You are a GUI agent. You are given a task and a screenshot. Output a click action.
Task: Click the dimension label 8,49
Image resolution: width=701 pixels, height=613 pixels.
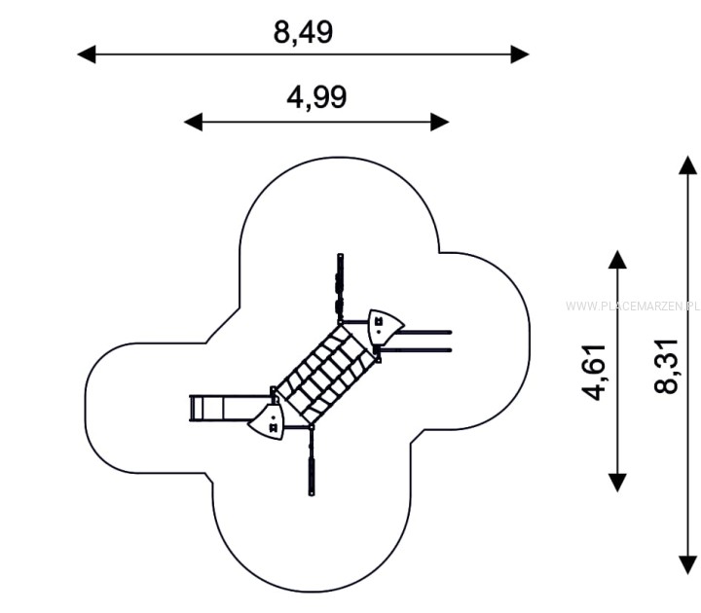[303, 32]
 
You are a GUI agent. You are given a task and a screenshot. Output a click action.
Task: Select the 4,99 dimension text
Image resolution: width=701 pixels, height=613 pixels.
[316, 98]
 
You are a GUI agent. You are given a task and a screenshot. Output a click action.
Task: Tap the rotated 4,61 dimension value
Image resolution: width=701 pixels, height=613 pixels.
[594, 372]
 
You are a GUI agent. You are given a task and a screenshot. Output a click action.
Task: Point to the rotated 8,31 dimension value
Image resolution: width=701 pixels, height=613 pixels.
[666, 367]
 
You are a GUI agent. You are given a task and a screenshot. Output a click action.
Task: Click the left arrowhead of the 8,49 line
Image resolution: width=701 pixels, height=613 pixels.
[87, 54]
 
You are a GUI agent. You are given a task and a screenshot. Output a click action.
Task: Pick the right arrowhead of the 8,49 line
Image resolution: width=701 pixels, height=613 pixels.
[520, 54]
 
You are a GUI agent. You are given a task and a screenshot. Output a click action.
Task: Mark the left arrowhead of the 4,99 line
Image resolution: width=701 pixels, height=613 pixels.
[193, 122]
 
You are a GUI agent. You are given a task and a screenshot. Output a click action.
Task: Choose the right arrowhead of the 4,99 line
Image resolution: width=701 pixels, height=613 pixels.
[440, 122]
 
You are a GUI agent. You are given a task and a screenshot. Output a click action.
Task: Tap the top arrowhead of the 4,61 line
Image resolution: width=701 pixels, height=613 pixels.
[617, 259]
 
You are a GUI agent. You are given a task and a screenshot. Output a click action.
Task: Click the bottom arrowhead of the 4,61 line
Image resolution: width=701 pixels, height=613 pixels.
[617, 483]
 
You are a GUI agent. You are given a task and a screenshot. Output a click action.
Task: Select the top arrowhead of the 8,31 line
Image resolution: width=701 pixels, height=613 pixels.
[687, 164]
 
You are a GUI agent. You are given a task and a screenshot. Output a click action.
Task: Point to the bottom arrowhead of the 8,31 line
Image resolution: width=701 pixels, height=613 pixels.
[687, 564]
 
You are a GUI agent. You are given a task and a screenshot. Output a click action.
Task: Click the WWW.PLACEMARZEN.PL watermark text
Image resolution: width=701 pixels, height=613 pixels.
[633, 306]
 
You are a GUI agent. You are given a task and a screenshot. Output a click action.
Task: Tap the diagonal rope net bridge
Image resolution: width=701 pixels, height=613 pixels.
[326, 375]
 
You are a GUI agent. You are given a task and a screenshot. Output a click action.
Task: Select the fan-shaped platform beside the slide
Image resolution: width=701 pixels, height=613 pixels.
[268, 421]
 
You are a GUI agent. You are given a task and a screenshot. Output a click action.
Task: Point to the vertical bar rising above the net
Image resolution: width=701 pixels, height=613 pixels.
[340, 288]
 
